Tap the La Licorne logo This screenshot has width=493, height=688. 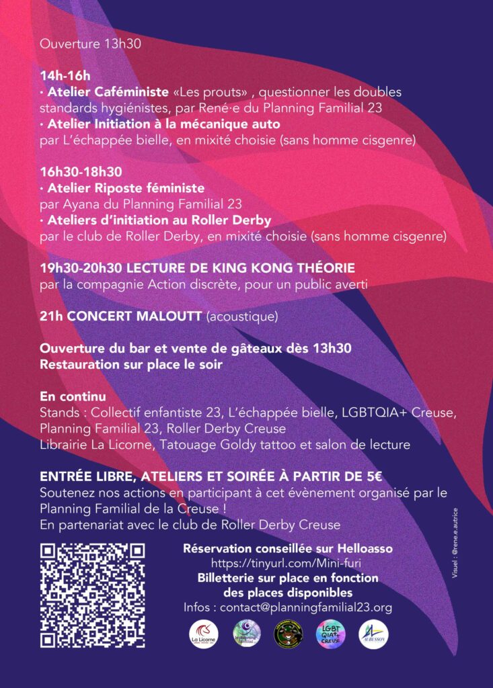pyautogui.click(x=203, y=634)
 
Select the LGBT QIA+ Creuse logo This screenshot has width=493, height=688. pyautogui.click(x=331, y=634)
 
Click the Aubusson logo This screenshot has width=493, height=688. pyautogui.click(x=373, y=634)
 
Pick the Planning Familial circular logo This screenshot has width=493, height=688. pyautogui.click(x=247, y=634)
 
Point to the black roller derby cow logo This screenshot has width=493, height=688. pyautogui.click(x=289, y=634)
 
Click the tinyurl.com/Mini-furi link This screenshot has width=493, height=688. pyautogui.click(x=287, y=563)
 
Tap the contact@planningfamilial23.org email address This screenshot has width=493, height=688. pyautogui.click(x=306, y=607)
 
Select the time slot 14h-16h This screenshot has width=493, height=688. pyautogui.click(x=65, y=75)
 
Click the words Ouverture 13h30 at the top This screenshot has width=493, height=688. pyautogui.click(x=90, y=44)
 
